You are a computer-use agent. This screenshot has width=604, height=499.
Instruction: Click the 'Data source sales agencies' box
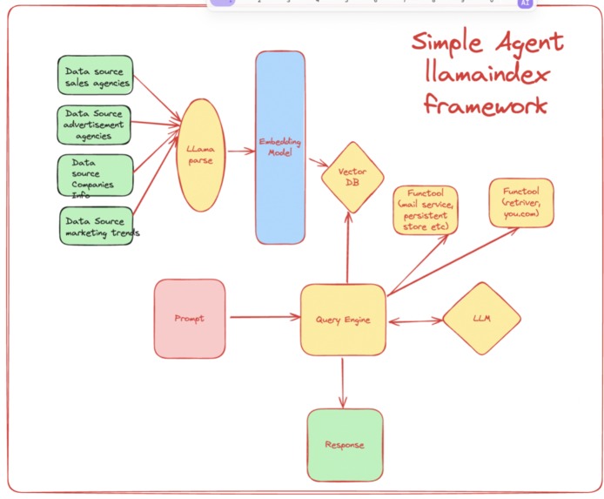(x=96, y=75)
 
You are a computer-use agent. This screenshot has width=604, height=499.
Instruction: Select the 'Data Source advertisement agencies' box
(x=94, y=125)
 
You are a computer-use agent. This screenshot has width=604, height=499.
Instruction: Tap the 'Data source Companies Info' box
(x=96, y=175)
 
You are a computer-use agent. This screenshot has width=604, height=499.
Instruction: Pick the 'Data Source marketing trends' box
(x=97, y=226)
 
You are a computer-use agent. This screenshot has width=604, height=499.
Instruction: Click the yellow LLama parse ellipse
(x=201, y=155)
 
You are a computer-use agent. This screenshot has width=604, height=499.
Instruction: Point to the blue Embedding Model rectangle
(x=280, y=147)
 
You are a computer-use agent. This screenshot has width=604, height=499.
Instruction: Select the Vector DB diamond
(x=352, y=178)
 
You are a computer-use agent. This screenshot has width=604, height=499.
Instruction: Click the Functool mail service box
(x=426, y=210)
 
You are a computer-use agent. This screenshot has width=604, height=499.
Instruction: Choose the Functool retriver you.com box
(x=521, y=203)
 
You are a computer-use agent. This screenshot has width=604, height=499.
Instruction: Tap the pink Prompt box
(x=190, y=319)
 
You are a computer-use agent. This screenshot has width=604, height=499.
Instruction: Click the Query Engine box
(x=343, y=320)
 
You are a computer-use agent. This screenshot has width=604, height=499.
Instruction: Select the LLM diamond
(x=482, y=318)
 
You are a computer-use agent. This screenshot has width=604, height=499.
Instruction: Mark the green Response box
(x=346, y=445)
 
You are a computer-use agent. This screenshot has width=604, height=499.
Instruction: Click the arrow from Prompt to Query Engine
(x=265, y=317)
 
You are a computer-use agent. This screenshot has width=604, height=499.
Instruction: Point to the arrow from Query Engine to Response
(x=342, y=383)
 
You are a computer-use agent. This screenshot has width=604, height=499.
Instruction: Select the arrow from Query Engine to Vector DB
(x=348, y=248)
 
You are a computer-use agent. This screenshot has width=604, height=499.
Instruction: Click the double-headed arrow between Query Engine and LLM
(x=416, y=320)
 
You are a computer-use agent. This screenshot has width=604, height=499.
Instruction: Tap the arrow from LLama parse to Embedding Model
(x=242, y=151)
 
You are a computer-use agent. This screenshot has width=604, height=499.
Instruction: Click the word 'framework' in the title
(x=486, y=105)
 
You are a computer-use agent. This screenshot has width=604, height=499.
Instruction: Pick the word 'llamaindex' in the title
(x=487, y=72)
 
